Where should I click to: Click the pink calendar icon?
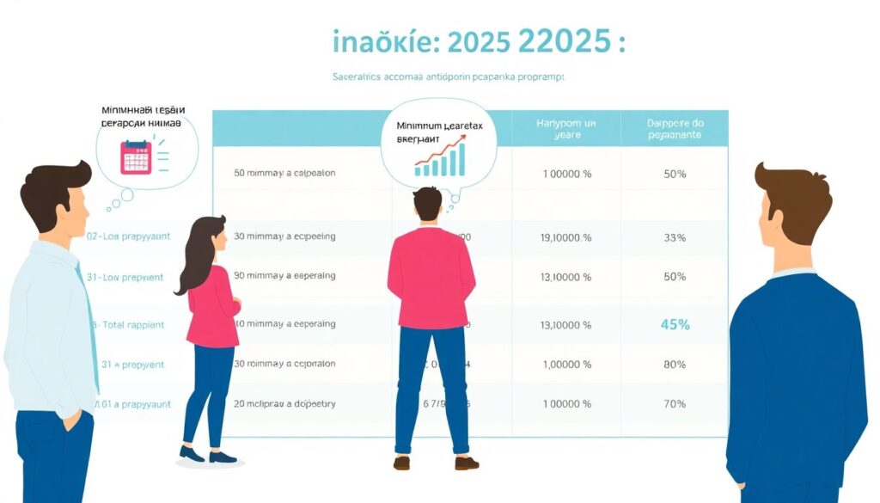tap(135, 158)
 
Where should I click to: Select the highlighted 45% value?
tap(675, 324)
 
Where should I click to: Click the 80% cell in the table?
tap(675, 365)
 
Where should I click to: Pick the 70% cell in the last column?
tap(675, 403)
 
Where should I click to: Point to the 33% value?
tap(675, 236)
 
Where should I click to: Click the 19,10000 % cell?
tap(566, 236)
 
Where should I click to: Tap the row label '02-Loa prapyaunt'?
tap(129, 236)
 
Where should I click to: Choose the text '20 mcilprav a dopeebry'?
tap(284, 403)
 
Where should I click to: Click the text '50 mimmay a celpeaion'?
tap(284, 173)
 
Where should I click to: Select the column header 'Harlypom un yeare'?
tap(566, 129)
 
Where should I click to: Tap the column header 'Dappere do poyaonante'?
tap(675, 129)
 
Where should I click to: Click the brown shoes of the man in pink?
tap(435, 463)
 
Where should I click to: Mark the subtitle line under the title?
tap(448, 77)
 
